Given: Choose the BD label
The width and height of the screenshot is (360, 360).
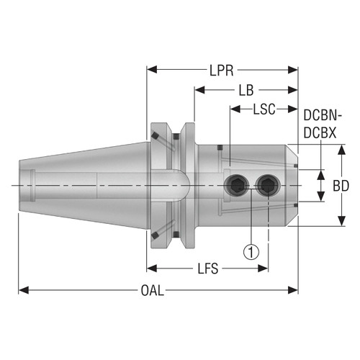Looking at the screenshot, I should click(341, 186).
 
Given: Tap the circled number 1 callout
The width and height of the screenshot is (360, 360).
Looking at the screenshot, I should click(249, 252).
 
